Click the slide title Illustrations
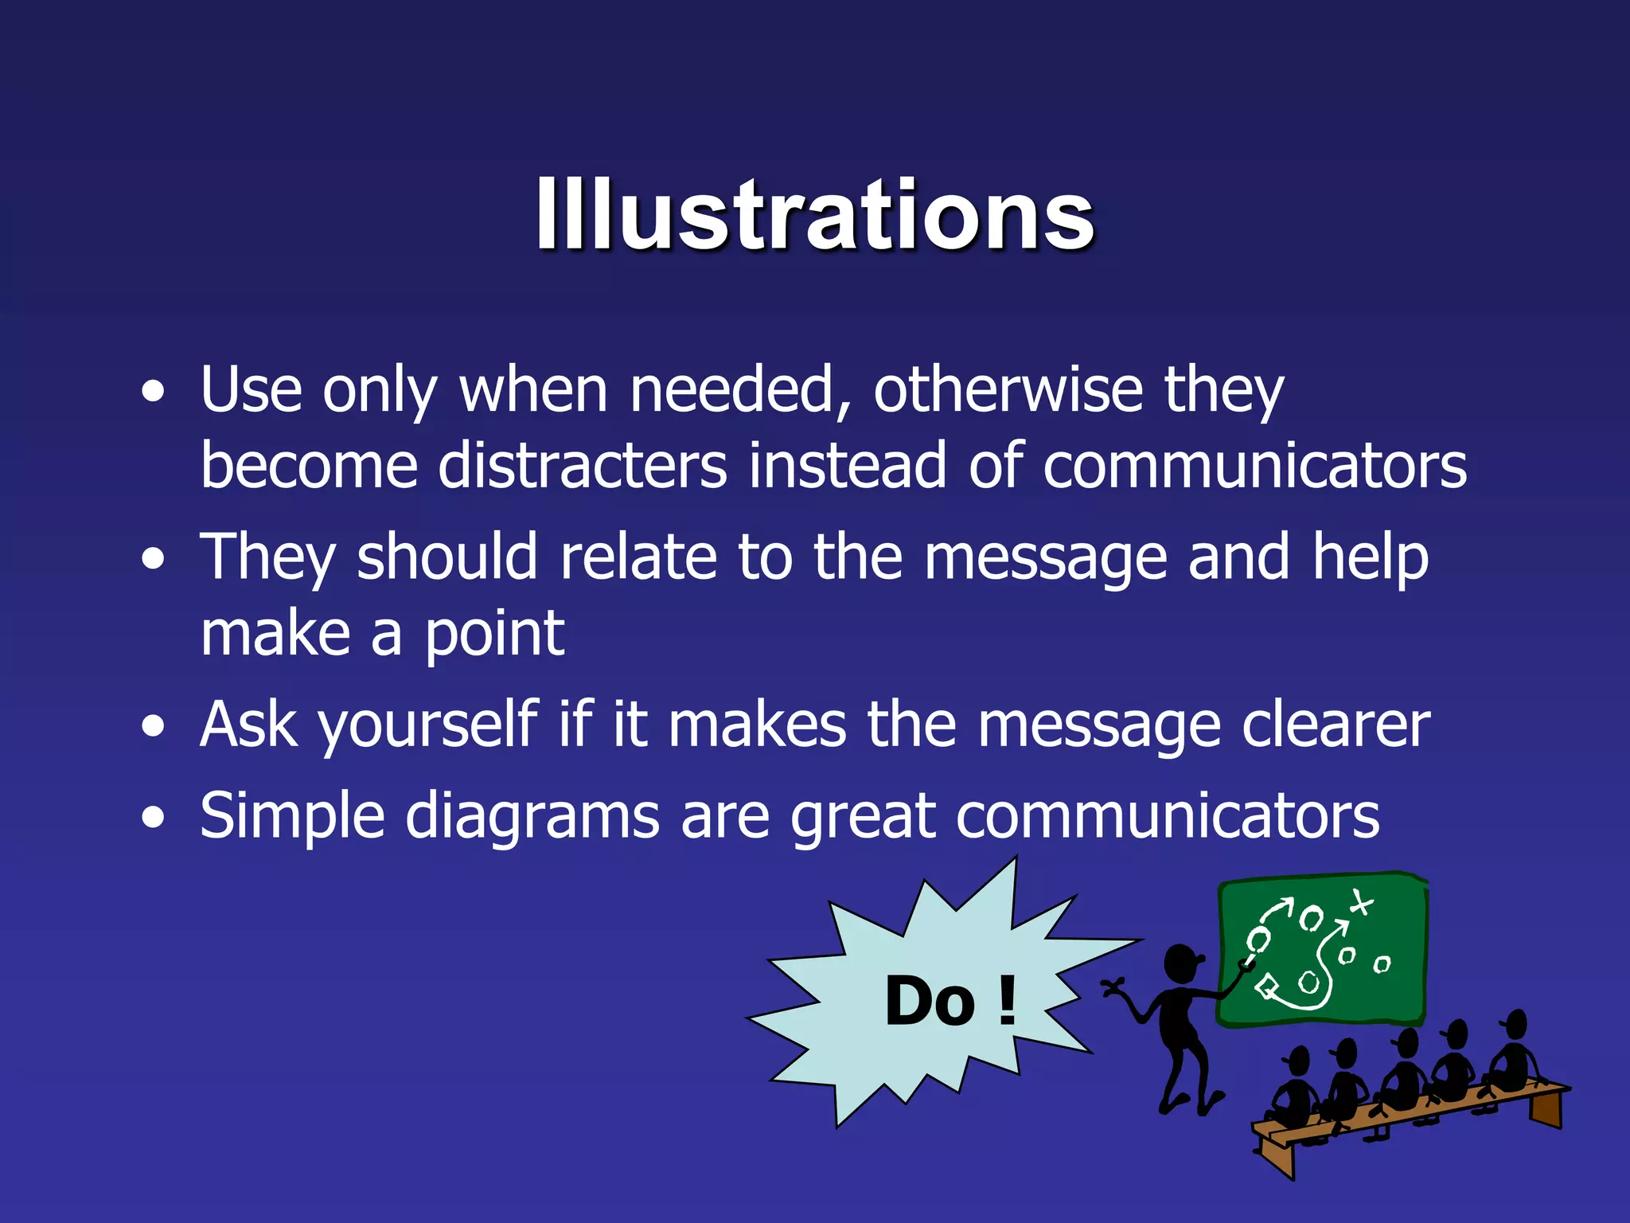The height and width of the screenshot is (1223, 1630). pos(815,215)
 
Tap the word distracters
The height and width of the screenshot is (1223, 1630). pos(582,466)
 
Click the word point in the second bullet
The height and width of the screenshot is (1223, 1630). pos(494,635)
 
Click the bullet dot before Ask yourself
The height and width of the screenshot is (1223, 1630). pos(153,727)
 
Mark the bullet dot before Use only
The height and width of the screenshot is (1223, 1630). pos(153,392)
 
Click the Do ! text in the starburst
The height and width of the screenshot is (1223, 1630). pos(950,1001)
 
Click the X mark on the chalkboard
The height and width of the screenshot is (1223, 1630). pos(1361,903)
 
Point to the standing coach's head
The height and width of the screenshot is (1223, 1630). pos(1181,963)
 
